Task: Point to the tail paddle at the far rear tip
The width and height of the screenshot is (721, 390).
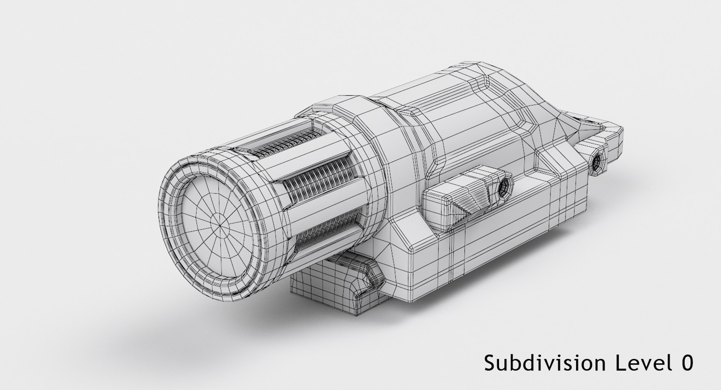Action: [612, 135]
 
